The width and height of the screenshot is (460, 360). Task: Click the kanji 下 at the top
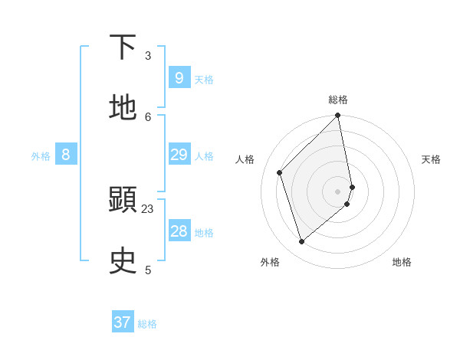(123, 47)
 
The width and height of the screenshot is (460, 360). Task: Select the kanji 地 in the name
(123, 108)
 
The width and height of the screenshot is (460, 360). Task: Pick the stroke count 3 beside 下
(148, 55)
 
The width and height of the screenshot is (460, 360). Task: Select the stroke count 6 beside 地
(148, 116)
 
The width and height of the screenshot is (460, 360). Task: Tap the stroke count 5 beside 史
(148, 270)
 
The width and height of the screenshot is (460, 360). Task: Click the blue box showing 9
(179, 77)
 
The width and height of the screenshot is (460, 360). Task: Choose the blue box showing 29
(179, 155)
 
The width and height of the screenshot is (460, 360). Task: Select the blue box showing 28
(179, 231)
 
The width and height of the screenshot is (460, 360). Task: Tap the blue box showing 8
(66, 155)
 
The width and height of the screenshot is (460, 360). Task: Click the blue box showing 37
(123, 322)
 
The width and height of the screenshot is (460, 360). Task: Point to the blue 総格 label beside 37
(147, 324)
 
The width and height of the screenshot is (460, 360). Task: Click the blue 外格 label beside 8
(41, 156)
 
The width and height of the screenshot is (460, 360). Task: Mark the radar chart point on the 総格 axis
(338, 116)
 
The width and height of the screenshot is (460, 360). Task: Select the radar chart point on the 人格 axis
(280, 172)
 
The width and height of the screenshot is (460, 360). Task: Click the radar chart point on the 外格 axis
(301, 242)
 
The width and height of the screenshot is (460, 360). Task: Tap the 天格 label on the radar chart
(431, 159)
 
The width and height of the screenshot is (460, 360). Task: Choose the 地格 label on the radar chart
(402, 262)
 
